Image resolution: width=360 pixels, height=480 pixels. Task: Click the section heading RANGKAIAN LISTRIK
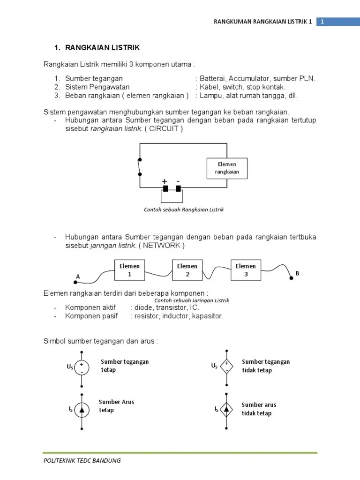(x=102, y=48)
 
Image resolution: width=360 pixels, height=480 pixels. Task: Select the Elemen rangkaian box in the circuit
(x=227, y=168)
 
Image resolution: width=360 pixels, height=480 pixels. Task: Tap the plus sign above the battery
(x=165, y=181)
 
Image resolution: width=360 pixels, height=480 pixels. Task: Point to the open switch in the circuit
(x=139, y=166)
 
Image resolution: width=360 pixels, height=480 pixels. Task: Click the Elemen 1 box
(x=130, y=270)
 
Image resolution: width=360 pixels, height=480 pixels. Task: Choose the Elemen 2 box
(x=187, y=270)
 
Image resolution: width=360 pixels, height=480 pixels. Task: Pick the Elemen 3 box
(x=246, y=270)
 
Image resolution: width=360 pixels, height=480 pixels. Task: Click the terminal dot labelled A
(x=75, y=282)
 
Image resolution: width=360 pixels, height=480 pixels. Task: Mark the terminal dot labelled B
(x=291, y=277)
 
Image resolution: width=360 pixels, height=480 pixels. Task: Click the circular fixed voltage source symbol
(x=82, y=368)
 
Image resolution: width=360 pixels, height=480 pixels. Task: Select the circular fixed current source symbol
(x=82, y=410)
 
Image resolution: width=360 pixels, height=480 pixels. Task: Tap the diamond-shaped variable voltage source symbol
(x=227, y=367)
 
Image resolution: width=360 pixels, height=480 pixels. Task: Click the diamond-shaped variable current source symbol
(x=227, y=410)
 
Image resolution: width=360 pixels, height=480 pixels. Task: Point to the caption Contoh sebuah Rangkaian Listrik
(x=184, y=210)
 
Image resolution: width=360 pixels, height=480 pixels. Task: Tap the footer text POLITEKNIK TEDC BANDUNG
(x=82, y=460)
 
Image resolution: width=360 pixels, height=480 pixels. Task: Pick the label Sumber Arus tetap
(x=116, y=406)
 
